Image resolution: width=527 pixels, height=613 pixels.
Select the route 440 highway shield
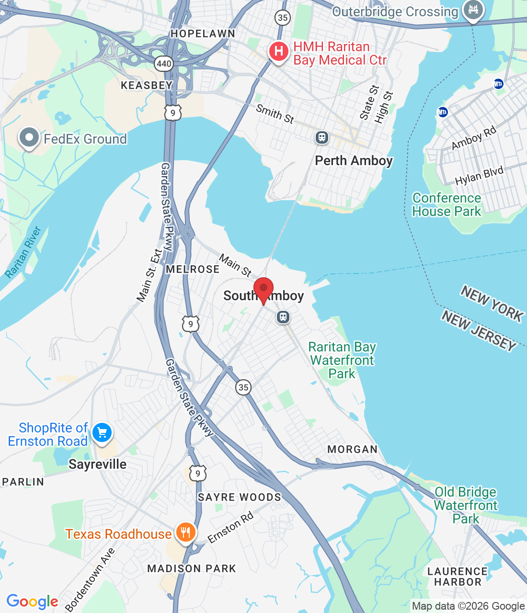click(164, 63)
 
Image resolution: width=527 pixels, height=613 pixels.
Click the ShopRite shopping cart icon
click(102, 433)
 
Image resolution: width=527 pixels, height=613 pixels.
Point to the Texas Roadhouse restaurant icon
click(185, 532)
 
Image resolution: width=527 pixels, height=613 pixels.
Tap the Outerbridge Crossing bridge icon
click(473, 10)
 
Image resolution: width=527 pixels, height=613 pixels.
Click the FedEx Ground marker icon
click(29, 137)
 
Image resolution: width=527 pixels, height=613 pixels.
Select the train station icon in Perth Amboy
click(321, 138)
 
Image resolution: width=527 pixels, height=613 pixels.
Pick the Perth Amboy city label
click(354, 161)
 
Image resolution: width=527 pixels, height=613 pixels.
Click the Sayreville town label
click(97, 464)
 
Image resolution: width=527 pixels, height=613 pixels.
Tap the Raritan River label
click(23, 252)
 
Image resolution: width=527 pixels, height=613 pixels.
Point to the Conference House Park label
click(447, 204)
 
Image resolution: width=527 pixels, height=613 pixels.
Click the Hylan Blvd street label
click(479, 176)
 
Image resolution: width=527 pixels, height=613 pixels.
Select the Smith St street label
click(275, 114)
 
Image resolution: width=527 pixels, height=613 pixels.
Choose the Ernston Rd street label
click(230, 527)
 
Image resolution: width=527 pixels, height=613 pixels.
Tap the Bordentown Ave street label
click(90, 580)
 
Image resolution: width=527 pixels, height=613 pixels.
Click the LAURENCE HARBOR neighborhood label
click(457, 577)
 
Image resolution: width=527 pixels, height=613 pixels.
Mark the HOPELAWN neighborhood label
click(203, 34)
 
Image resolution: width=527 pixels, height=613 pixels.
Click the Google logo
click(32, 602)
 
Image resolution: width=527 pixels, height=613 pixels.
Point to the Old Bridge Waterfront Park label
click(466, 505)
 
